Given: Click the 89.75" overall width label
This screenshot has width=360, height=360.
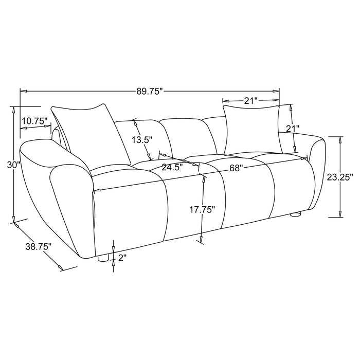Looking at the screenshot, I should coord(149,92).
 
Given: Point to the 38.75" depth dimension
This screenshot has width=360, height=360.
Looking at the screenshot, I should coord(39,247).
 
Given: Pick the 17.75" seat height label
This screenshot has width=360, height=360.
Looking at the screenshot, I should coord(202,210).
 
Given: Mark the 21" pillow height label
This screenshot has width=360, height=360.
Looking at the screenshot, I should coord(292,129).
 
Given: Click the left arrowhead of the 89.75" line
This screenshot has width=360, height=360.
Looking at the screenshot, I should coord(22,92).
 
